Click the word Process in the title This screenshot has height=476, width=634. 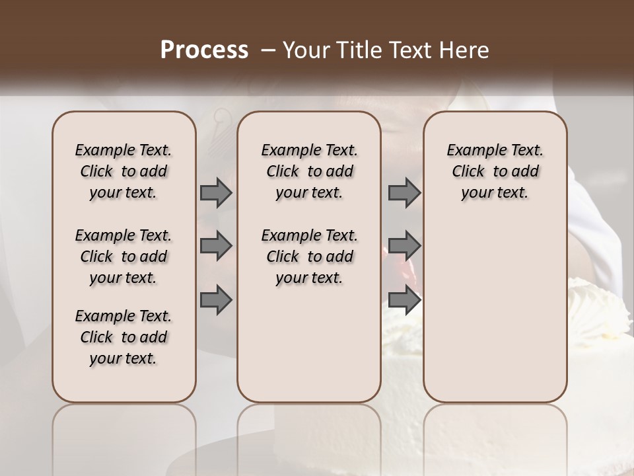[x=204, y=50]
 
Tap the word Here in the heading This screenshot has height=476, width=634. [x=466, y=50]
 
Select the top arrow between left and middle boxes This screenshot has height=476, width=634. [x=216, y=192]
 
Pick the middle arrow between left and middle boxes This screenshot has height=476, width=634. [x=216, y=246]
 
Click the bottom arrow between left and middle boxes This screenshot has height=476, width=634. [x=216, y=299]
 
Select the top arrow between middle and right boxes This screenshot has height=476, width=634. [x=404, y=192]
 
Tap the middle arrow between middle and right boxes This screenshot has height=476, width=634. [x=404, y=246]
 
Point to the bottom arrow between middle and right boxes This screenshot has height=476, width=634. [x=404, y=299]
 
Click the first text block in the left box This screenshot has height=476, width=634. [x=123, y=171]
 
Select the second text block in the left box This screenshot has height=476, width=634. [x=123, y=257]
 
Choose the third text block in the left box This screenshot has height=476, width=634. [x=123, y=337]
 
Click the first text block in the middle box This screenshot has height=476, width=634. [x=309, y=171]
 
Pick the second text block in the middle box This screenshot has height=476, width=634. [x=309, y=257]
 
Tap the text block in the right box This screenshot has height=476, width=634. [x=495, y=171]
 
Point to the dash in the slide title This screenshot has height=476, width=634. [x=268, y=50]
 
